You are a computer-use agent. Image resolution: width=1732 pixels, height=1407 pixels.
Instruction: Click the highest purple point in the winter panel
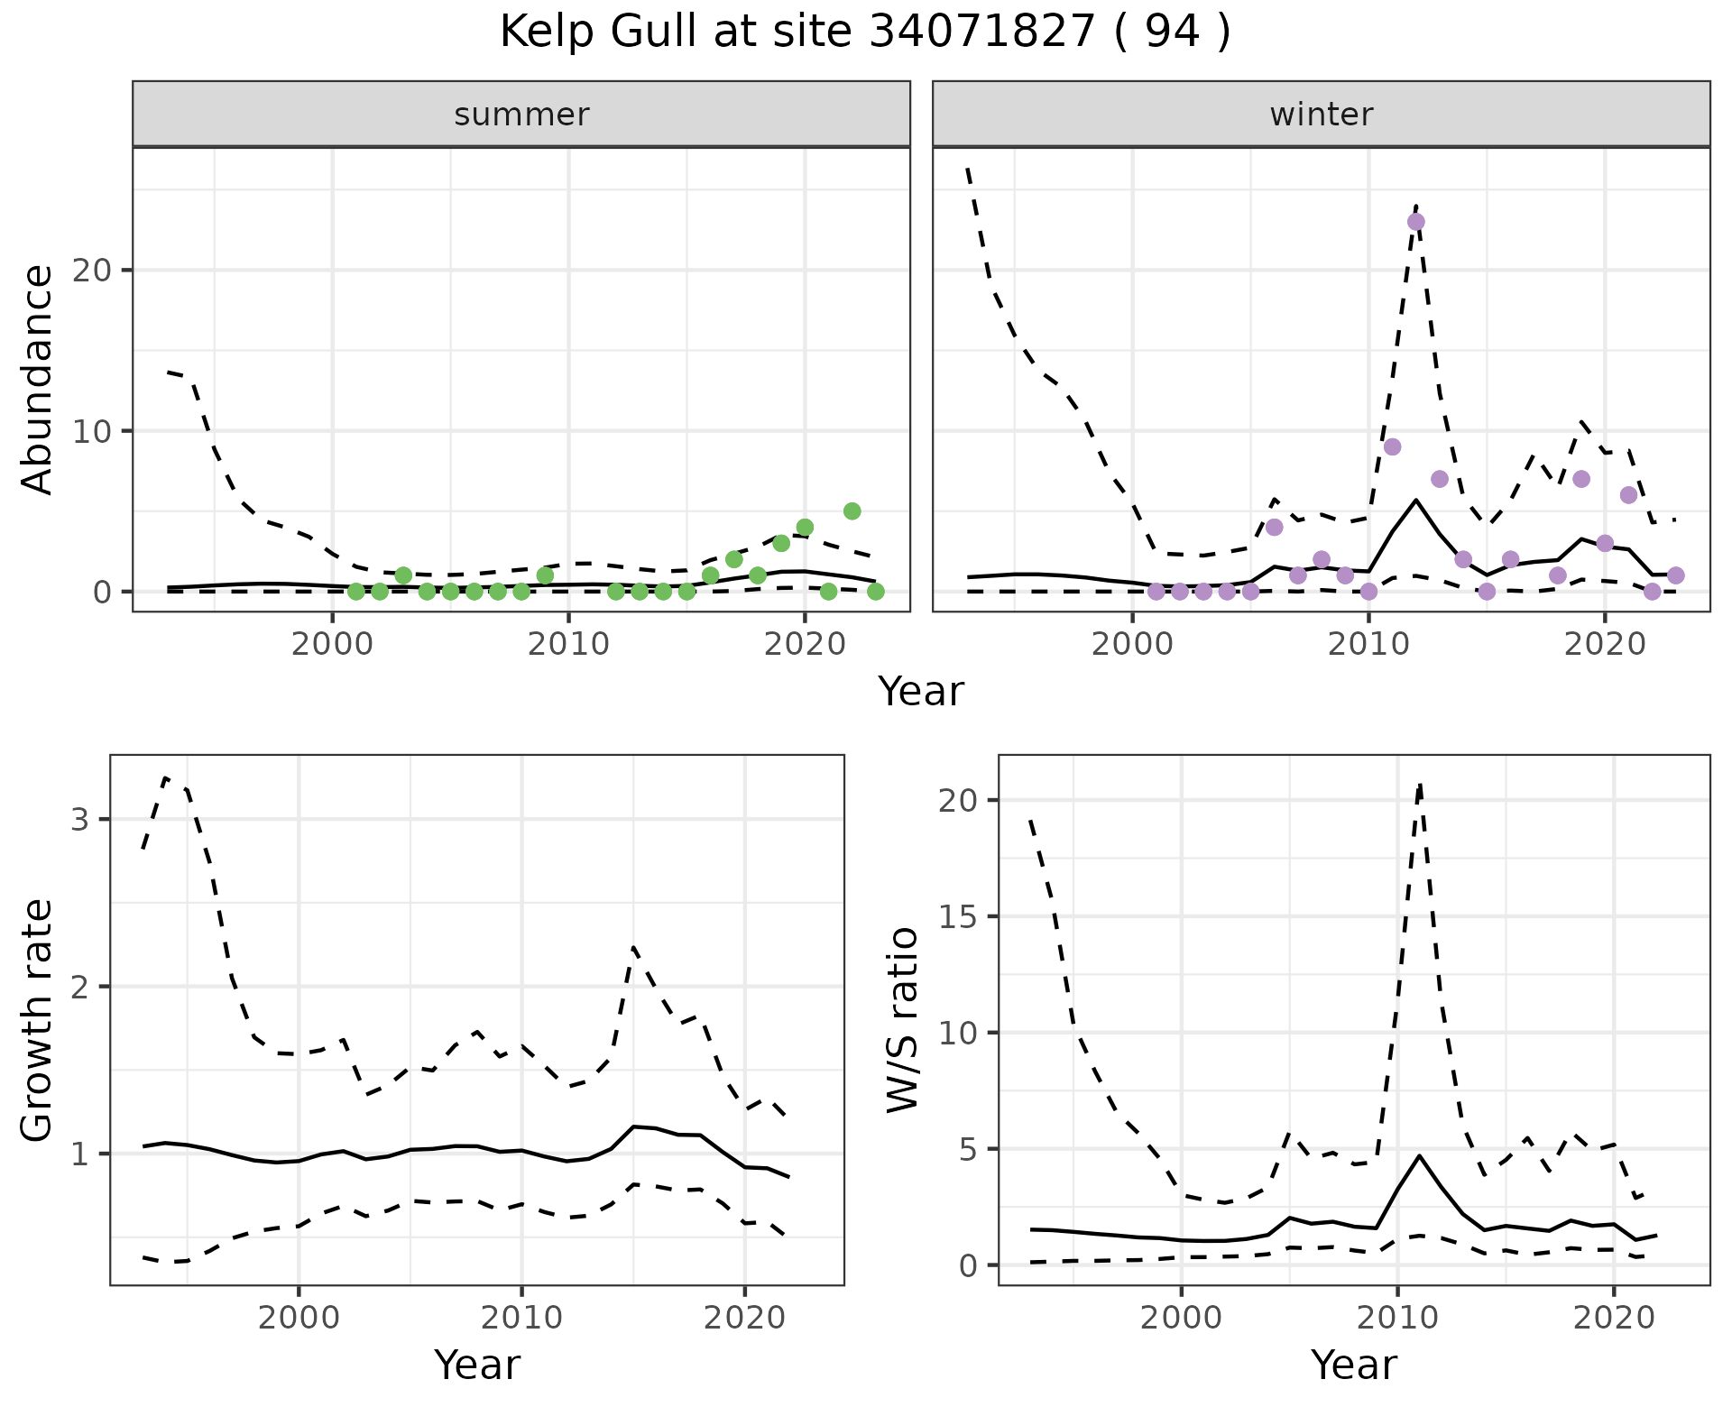point(1415,222)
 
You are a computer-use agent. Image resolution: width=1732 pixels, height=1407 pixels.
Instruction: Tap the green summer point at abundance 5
point(852,511)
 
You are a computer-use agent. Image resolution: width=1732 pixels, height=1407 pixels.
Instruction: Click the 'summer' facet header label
point(521,115)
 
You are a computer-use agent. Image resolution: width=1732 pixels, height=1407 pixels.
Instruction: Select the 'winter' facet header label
point(1321,115)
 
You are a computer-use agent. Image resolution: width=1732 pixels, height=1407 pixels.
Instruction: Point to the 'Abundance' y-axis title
point(38,380)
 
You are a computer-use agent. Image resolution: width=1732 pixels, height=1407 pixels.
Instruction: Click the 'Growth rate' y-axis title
point(38,1020)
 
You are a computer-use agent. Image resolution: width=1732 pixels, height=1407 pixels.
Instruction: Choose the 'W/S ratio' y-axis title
point(902,1020)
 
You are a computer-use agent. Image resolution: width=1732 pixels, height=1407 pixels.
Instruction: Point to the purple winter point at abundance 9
point(1392,447)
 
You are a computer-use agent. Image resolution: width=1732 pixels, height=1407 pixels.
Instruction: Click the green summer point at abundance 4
point(805,528)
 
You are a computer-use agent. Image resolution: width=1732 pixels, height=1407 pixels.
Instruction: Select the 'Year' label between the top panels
point(921,692)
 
